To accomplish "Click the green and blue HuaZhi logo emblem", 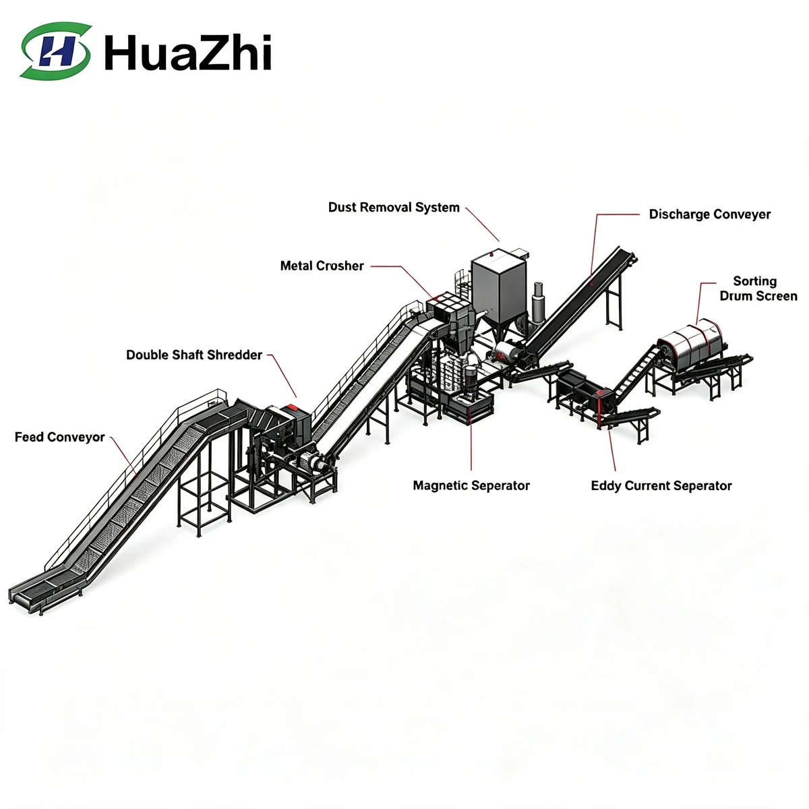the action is [x=55, y=51].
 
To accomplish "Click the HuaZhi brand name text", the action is [x=187, y=52].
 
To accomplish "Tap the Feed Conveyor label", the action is [x=59, y=437].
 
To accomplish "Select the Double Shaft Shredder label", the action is [x=194, y=355].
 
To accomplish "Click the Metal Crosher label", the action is [x=322, y=266].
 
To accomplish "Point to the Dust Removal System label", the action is [x=394, y=208].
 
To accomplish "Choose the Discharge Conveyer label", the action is [x=710, y=214].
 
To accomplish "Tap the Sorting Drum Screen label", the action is [x=758, y=289].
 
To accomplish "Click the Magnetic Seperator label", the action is [x=471, y=485].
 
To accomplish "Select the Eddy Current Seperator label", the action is [x=661, y=485].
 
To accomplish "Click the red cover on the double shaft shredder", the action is [x=290, y=409].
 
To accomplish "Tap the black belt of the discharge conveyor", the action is [x=581, y=300].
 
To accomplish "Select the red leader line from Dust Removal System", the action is [x=483, y=224].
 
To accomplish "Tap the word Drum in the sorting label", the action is [x=733, y=296].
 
